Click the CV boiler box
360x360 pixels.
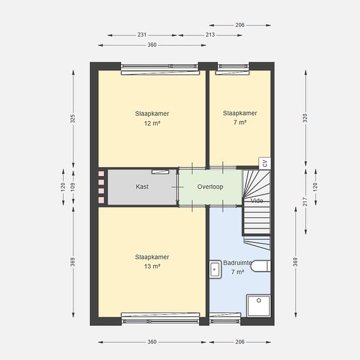coord(264,163)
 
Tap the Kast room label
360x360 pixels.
coord(142,187)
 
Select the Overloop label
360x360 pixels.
coord(210,187)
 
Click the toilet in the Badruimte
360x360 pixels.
coord(261,266)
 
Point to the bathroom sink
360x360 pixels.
coord(215,269)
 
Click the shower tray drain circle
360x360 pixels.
coord(259,300)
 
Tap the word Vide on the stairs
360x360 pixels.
coord(257,201)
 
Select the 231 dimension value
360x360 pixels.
coord(142,35)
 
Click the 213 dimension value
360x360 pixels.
coord(210,35)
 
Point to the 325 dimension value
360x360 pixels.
coord(73,118)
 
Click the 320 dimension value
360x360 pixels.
coord(305,118)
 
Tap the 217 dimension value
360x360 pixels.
coord(305,202)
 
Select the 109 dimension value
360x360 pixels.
coord(73,187)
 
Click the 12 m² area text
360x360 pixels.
coord(152,124)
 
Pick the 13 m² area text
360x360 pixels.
coord(152,266)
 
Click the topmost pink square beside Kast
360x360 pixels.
coord(101,173)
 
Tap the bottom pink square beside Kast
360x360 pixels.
coord(101,200)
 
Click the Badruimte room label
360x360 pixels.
coord(238,263)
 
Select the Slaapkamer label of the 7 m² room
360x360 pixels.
coord(240,113)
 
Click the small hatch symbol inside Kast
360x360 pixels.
coord(160,171)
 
